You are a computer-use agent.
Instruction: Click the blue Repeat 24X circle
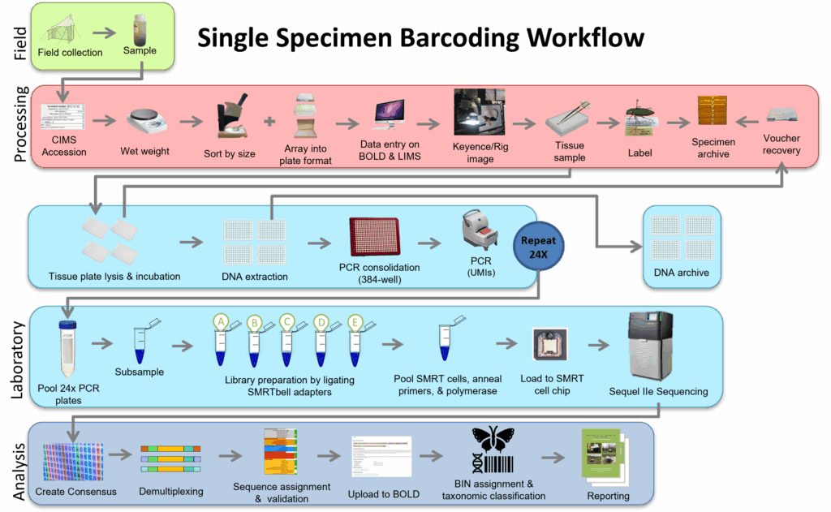[538, 247]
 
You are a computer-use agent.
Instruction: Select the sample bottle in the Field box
[140, 29]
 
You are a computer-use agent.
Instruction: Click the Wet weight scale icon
[146, 121]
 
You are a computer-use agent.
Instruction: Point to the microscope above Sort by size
[231, 116]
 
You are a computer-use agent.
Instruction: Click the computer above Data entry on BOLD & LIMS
[389, 114]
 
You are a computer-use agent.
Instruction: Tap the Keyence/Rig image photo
[479, 112]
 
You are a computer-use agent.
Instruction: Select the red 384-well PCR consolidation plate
[375, 237]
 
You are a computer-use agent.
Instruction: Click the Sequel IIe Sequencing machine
[650, 346]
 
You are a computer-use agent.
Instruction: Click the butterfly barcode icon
[493, 450]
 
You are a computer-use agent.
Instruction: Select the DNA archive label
[681, 273]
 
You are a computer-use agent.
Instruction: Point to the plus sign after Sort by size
[269, 122]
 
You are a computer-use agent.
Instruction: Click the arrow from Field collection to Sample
[105, 32]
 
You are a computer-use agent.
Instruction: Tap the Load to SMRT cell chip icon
[550, 344]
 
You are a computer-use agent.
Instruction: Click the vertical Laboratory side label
[18, 359]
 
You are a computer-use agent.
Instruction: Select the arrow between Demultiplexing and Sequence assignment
[230, 455]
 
